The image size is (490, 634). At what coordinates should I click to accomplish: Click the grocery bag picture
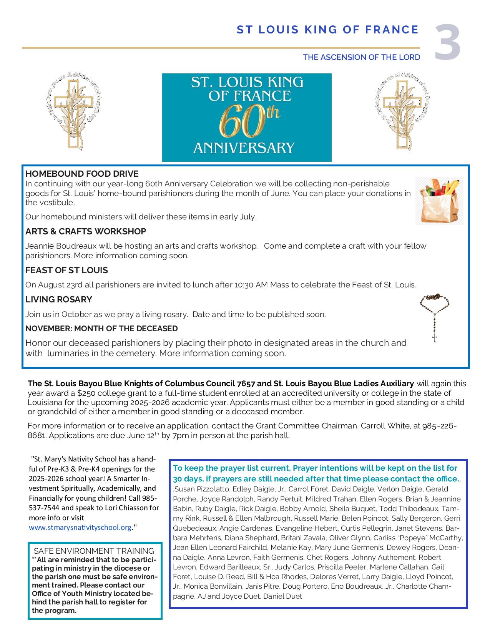tap(439, 200)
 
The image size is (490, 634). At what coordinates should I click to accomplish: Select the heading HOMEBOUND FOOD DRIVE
tap(82, 174)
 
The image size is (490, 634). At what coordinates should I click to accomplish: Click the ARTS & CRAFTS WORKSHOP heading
tap(86, 231)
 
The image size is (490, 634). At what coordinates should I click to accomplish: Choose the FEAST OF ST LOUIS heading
tap(66, 270)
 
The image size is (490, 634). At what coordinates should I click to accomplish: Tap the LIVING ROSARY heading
tap(59, 299)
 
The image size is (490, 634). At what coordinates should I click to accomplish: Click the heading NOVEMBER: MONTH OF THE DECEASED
tap(101, 329)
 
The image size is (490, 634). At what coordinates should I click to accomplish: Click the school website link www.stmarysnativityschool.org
tap(80, 528)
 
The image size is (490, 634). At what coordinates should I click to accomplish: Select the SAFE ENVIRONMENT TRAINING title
tap(94, 551)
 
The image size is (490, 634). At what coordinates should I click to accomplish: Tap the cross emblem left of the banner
tap(73, 114)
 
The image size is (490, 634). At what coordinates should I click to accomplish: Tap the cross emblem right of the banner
tap(401, 114)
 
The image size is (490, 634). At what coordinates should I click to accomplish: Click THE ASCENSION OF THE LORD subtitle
tap(361, 57)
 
